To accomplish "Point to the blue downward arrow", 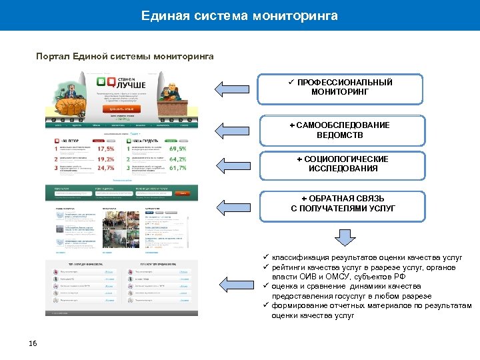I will pyautogui.click(x=344, y=238).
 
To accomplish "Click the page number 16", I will pyautogui.click(x=33, y=343).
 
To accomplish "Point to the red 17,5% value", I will pyautogui.click(x=106, y=149).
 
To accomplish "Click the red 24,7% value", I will pyautogui.click(x=106, y=169).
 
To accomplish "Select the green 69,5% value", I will pyautogui.click(x=177, y=149).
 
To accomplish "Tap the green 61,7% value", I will pyautogui.click(x=177, y=169).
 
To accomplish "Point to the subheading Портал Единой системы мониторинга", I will pyautogui.click(x=125, y=56).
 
